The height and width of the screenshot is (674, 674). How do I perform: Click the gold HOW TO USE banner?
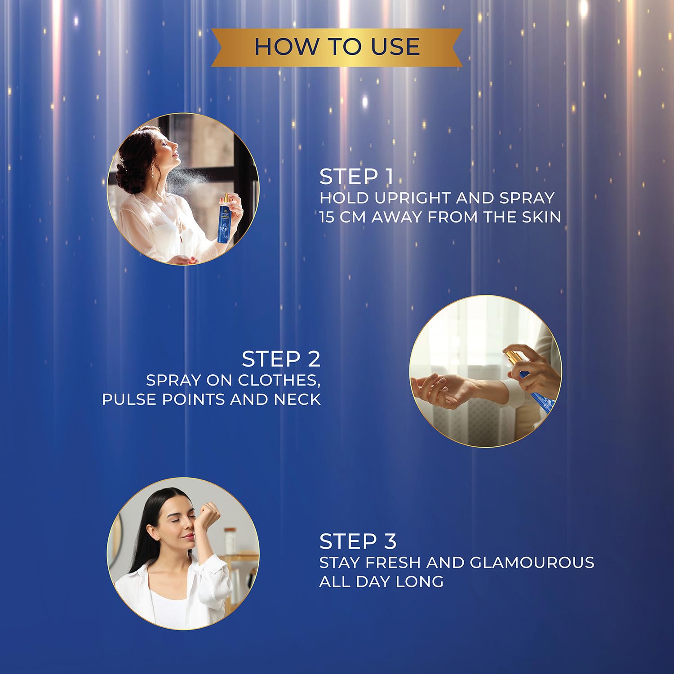337,47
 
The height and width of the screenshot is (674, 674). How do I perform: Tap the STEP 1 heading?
357,177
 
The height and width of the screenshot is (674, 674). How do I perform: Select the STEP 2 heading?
281,359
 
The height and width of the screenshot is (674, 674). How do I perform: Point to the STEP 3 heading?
358,541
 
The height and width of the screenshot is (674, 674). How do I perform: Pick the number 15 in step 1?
327,217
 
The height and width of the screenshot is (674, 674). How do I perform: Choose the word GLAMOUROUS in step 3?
532,562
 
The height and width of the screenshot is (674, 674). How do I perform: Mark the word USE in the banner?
395,47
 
